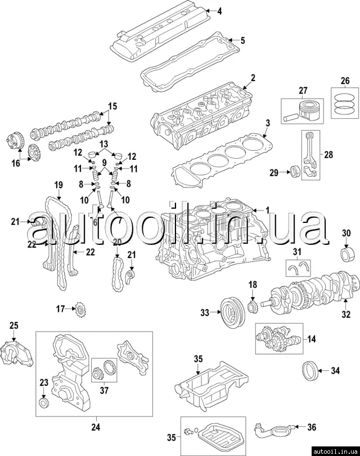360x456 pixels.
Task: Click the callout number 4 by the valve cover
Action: pyautogui.click(x=219, y=11)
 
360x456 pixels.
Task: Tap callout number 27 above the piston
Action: pyautogui.click(x=303, y=91)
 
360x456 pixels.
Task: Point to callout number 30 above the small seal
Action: pyautogui.click(x=346, y=233)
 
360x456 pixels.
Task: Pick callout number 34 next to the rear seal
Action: pyautogui.click(x=335, y=370)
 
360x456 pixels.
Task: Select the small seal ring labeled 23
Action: pyautogui.click(x=44, y=404)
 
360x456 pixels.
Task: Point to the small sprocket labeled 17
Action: pyautogui.click(x=79, y=309)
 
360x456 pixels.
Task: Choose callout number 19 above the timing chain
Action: pyautogui.click(x=57, y=185)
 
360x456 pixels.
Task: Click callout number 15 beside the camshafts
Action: pyautogui.click(x=112, y=106)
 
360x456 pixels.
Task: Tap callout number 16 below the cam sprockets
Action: pyautogui.click(x=15, y=163)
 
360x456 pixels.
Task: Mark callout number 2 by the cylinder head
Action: pyautogui.click(x=253, y=77)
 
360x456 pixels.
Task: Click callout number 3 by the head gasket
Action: pyautogui.click(x=268, y=123)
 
